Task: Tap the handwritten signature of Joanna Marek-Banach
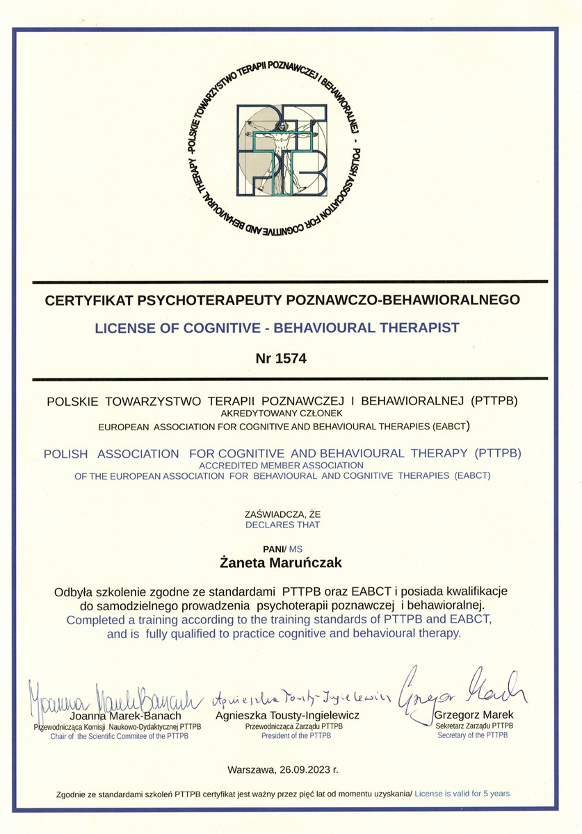(115, 696)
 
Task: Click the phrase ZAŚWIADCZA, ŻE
(282, 514)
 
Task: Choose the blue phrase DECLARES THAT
(282, 525)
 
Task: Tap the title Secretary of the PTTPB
(473, 735)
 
